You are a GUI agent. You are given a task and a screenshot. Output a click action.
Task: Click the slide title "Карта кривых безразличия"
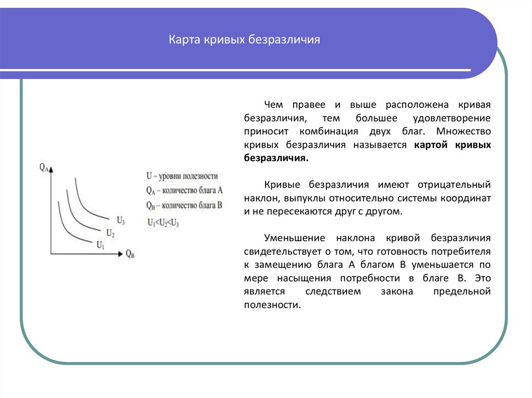coord(244,40)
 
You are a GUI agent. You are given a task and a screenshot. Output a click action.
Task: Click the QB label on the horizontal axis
coord(130,254)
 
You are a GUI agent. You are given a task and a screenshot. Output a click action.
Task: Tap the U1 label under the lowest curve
coord(100,245)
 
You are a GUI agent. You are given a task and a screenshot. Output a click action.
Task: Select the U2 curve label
coord(110,232)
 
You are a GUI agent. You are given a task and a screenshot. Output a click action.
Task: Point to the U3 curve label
coord(121,220)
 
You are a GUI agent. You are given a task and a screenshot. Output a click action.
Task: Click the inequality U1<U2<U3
coord(163,223)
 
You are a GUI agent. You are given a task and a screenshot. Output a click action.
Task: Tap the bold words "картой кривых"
coord(453,145)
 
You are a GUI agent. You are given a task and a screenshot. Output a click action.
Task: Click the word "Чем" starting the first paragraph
coord(272,105)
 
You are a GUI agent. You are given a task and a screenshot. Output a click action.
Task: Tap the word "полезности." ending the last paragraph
coord(272,306)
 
